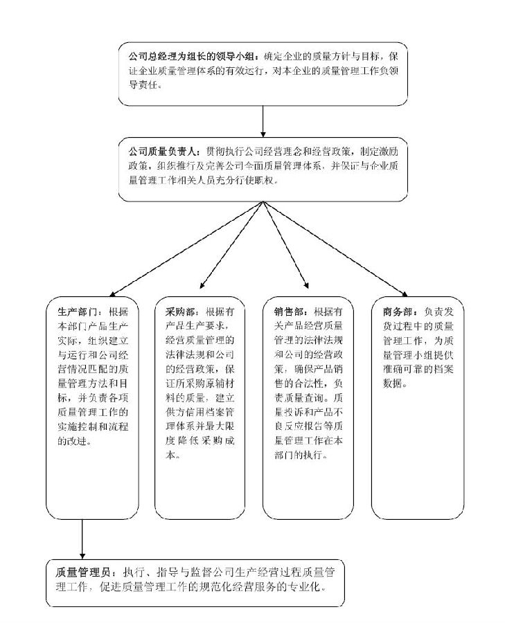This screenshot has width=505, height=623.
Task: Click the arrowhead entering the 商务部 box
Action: pos(404,294)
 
